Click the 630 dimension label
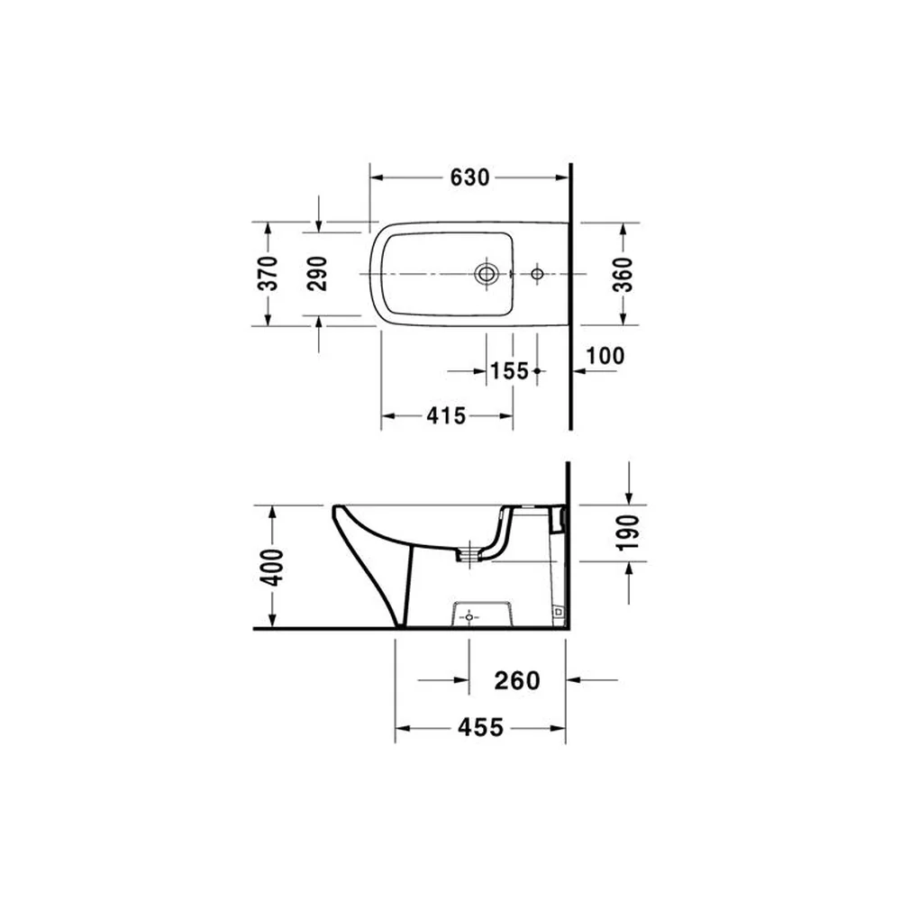click(469, 177)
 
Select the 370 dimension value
click(268, 274)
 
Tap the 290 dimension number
click(318, 274)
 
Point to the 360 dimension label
click(623, 275)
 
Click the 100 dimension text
click(605, 356)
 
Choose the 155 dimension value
click(509, 371)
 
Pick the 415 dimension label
click(447, 415)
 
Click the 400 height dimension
click(272, 567)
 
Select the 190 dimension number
click(628, 533)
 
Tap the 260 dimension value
click(517, 681)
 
